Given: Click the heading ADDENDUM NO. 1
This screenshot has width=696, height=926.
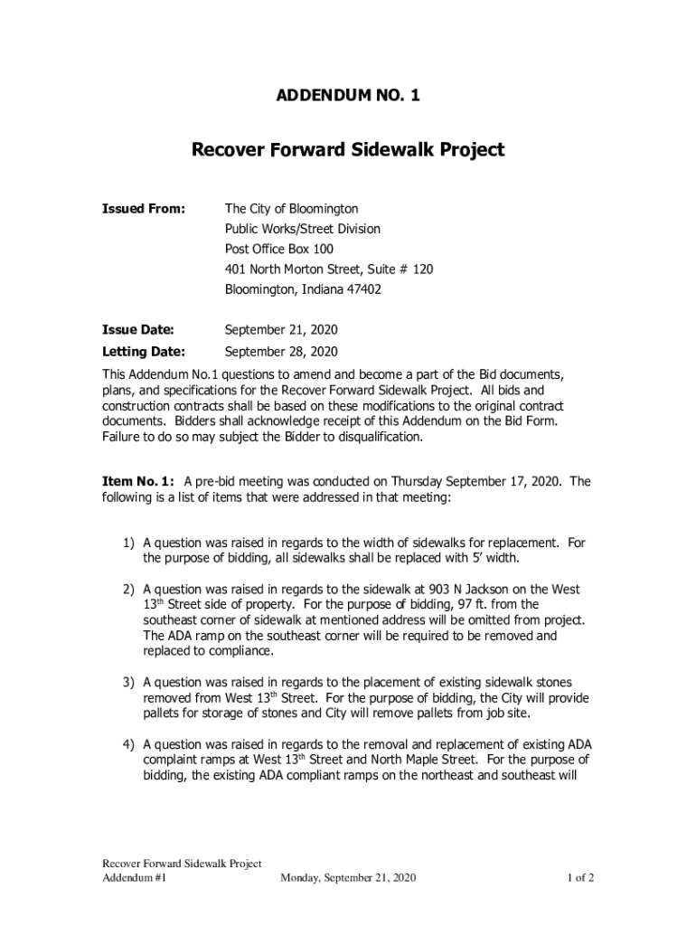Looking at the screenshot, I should click(347, 95).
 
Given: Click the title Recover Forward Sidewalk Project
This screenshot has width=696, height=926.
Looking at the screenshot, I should click(347, 149).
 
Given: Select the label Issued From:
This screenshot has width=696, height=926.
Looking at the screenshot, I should click(144, 209).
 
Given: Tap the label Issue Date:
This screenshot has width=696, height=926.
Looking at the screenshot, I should click(137, 330).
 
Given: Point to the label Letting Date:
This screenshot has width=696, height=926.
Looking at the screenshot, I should click(143, 351).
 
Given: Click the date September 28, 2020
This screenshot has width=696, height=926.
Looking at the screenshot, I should click(281, 351).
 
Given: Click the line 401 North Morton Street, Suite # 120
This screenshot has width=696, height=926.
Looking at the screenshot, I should click(329, 269).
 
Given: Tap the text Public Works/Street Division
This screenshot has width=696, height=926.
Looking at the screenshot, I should click(303, 229).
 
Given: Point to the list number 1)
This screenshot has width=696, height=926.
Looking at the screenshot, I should click(129, 543).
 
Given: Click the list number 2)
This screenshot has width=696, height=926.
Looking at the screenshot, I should click(129, 589).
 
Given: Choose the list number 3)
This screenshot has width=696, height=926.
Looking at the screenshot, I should click(129, 682).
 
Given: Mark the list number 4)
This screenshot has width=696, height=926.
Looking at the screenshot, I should click(129, 744).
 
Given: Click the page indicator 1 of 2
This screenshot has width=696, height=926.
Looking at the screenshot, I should click(580, 877).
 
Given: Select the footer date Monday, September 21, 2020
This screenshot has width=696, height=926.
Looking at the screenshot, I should click(348, 877).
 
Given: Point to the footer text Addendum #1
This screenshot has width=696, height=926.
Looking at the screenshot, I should click(134, 877).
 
